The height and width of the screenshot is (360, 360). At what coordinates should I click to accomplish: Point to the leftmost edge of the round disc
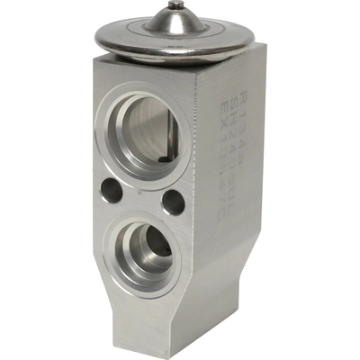point(94,38)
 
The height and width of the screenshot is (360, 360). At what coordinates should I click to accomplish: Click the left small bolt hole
point(112,189)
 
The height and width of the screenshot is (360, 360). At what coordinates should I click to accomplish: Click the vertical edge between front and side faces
point(200,198)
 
